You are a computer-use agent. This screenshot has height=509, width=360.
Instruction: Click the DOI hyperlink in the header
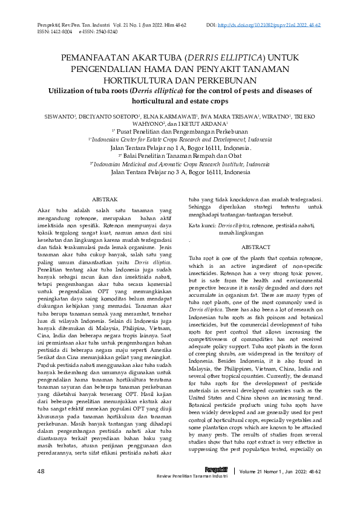pos(269,25)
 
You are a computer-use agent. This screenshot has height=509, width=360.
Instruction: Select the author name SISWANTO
pos(56,116)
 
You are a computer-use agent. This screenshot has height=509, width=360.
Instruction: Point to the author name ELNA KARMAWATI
pos(163,116)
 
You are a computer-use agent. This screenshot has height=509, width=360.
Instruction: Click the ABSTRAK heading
pos(104,199)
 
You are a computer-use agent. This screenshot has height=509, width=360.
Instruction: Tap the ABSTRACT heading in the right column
pos(255,248)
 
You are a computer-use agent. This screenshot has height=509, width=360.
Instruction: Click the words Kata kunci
pos(203,225)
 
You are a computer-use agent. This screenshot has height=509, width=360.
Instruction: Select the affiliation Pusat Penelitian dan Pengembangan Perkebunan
pos(182,131)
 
